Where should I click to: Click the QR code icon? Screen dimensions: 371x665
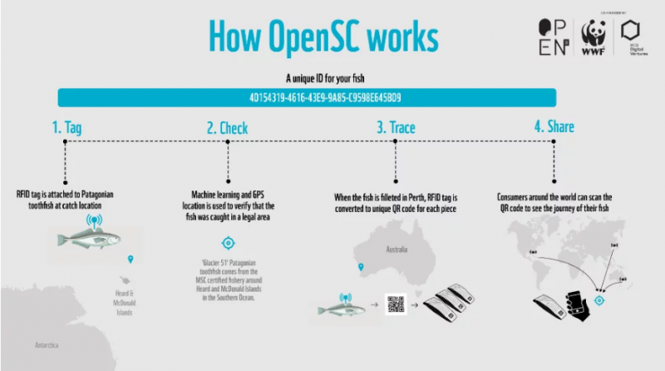(x=396, y=305)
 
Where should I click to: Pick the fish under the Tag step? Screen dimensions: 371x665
(x=88, y=240)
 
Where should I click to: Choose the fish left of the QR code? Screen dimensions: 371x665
(x=342, y=310)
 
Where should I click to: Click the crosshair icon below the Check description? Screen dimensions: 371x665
(x=227, y=243)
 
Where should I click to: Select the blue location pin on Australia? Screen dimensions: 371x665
(x=360, y=268)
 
